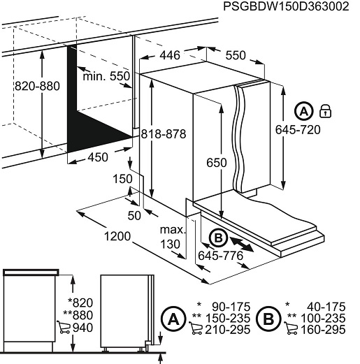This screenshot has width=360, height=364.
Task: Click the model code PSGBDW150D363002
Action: tap(286, 6)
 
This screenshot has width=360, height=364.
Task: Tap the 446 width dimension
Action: tap(170, 55)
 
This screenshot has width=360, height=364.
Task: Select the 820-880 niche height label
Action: tap(37, 86)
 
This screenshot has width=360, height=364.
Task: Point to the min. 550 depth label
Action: tap(106, 76)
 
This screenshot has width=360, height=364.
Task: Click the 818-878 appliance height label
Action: tap(164, 134)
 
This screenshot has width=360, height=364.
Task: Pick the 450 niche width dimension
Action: tap(98, 157)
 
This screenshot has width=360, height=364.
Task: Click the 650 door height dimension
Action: tap(217, 163)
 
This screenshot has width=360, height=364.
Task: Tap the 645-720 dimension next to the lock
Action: tap(298, 129)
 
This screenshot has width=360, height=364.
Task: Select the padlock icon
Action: tap(325, 111)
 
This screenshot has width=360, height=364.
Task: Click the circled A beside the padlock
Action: tap(303, 111)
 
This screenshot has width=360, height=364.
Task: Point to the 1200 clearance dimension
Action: tap(117, 236)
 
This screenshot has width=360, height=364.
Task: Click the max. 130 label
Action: tap(172, 237)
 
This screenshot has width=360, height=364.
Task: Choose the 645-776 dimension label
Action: tap(220, 256)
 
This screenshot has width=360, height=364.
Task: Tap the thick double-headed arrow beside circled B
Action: tap(242, 244)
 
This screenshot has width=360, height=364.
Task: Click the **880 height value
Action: tap(78, 315)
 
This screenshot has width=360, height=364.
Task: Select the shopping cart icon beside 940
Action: tap(64, 327)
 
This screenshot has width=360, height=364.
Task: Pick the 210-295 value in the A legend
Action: tap(227, 330)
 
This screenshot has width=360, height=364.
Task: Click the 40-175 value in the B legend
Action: tap(326, 307)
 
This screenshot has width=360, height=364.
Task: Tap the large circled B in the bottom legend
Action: tap(268, 319)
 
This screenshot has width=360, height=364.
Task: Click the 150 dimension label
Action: tap(122, 179)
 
